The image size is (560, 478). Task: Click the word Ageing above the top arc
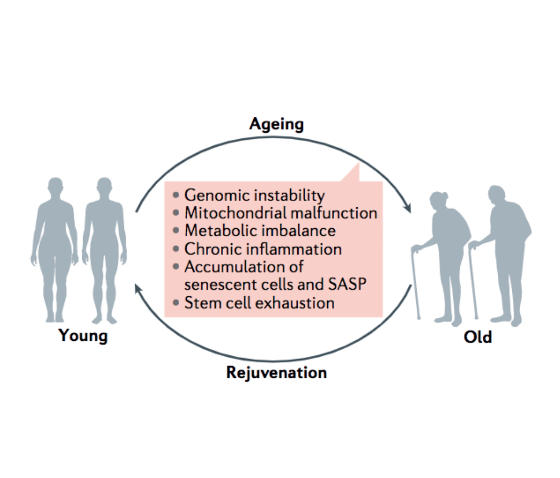coord(276,124)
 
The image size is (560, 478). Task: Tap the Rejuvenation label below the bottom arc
coord(276,372)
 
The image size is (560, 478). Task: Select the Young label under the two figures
coord(83,336)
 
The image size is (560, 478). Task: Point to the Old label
coord(477,338)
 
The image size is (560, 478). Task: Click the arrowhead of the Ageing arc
coord(409,208)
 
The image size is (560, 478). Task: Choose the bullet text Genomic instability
coord(254,195)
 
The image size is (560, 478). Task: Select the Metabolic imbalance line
coord(260,230)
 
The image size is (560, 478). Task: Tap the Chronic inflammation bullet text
coord(263,249)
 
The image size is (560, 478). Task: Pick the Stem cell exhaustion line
coord(259,302)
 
